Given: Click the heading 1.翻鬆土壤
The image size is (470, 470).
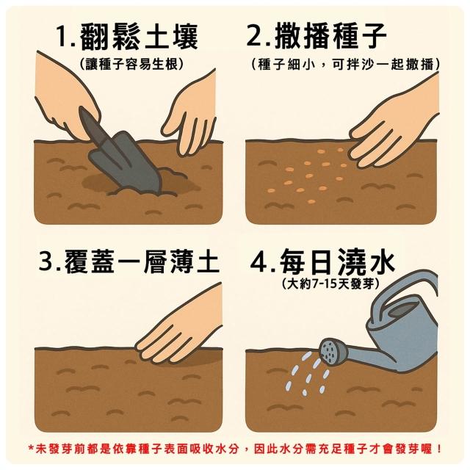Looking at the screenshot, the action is (x=128, y=37).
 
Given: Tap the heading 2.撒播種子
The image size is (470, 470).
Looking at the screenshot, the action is (x=317, y=37).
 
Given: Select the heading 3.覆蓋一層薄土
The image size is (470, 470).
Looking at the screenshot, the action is (x=129, y=261).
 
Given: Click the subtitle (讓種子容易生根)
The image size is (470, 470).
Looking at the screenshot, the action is (x=132, y=64).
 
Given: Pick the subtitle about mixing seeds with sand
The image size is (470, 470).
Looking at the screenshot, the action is (x=346, y=64).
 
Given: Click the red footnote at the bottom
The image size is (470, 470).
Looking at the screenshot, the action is (x=235, y=449).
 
